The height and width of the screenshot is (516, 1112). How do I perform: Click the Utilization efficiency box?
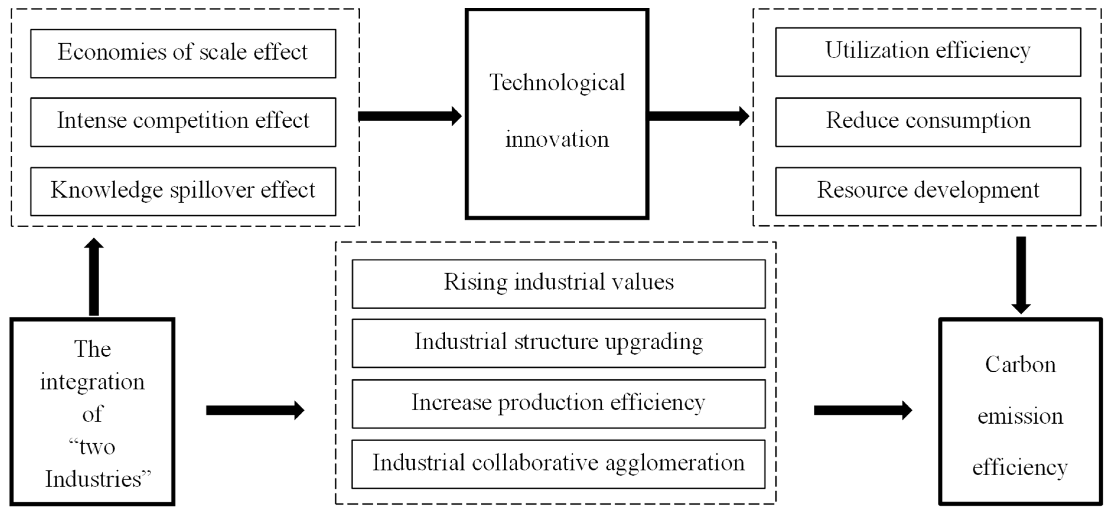click(x=928, y=52)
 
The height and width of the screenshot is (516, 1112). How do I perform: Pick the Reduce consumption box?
click(x=928, y=122)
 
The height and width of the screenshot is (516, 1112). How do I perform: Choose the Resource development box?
click(x=928, y=191)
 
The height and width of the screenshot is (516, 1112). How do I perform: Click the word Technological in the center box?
click(x=557, y=83)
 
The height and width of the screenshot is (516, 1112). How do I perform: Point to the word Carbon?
click(x=1020, y=365)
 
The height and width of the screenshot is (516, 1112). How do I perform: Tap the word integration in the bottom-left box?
click(x=92, y=382)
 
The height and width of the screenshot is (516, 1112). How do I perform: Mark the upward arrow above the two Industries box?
click(x=94, y=276)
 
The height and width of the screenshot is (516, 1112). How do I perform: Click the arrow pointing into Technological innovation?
click(x=410, y=116)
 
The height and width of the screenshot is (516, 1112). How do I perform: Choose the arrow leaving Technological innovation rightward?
click(x=698, y=116)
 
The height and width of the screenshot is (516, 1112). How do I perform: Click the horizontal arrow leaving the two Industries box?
click(x=255, y=410)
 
